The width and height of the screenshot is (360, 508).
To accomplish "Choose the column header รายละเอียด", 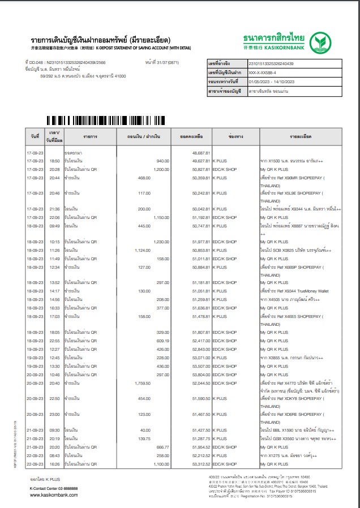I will [301, 137].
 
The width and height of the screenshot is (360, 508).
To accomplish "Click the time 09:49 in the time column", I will [54, 226].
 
